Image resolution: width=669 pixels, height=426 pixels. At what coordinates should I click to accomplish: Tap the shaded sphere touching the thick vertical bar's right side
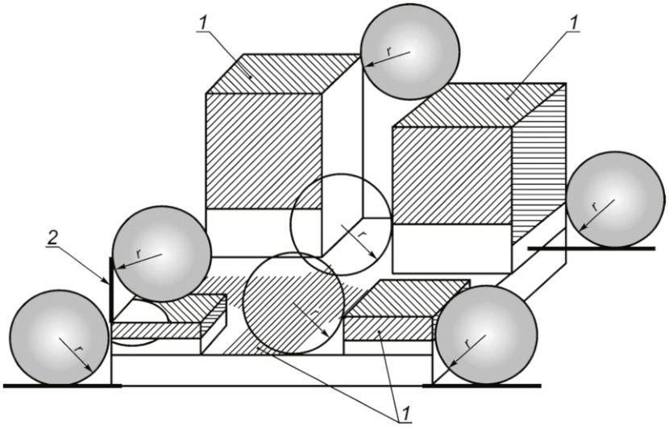tap(162, 253)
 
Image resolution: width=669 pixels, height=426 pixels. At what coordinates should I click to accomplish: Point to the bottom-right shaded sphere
tap(486, 335)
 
